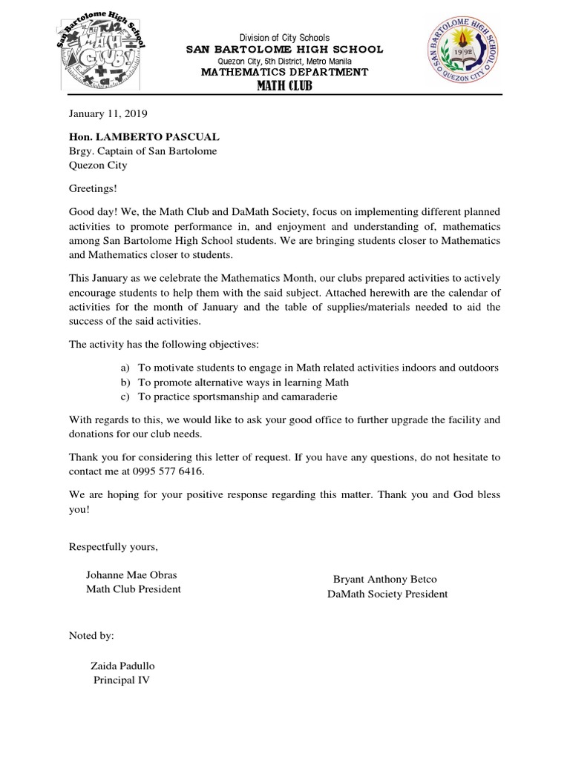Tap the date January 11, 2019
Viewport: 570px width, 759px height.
(108, 114)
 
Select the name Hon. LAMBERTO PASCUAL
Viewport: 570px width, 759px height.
(144, 137)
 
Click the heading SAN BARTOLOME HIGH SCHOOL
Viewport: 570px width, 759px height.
(285, 49)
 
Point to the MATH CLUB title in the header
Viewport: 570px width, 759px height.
(285, 87)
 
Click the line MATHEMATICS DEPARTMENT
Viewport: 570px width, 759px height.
(285, 72)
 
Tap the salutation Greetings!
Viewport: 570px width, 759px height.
(93, 188)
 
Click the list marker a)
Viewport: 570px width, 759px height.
(124, 368)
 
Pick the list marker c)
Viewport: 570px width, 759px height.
(124, 397)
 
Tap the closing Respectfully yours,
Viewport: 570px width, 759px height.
(114, 547)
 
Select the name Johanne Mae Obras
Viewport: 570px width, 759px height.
(132, 575)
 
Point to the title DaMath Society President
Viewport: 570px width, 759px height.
(387, 594)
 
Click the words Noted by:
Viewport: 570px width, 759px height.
(92, 636)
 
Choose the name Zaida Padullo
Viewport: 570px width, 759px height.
(123, 666)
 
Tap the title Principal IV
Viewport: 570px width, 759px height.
(122, 680)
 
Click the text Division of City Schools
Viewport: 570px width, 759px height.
(284, 38)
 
